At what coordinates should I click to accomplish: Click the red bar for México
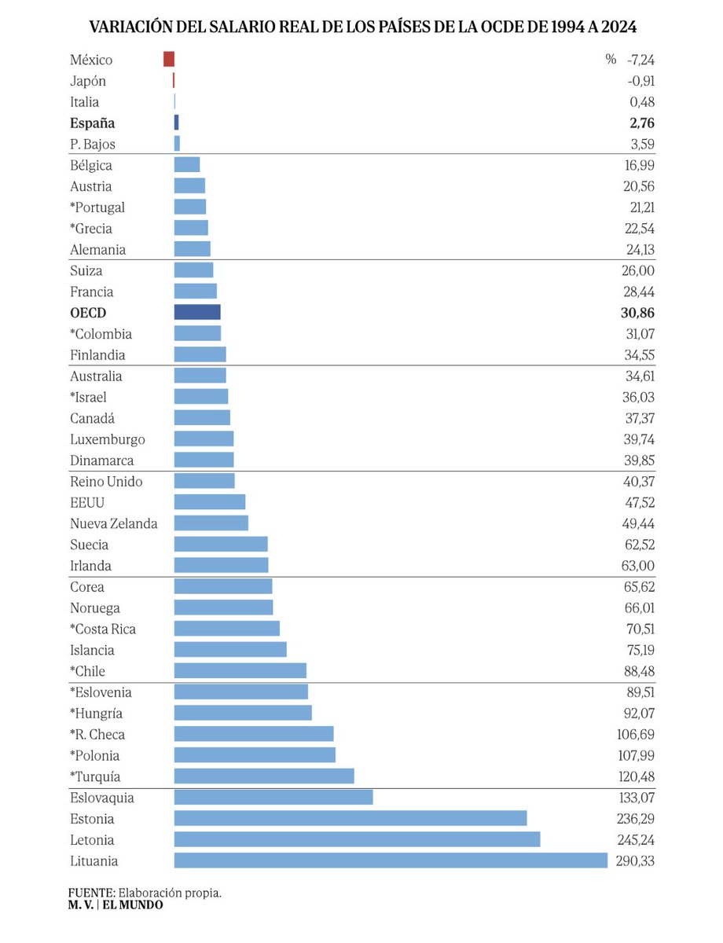[169, 60]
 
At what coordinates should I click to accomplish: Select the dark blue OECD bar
[197, 313]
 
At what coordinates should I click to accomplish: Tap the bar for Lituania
[391, 860]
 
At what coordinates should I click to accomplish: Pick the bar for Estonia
[350, 819]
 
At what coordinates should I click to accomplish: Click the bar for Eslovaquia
[273, 798]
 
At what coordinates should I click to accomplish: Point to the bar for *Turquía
[264, 776]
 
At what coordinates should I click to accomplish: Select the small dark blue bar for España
[177, 123]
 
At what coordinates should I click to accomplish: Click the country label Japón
[88, 81]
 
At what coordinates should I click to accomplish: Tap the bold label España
[93, 123]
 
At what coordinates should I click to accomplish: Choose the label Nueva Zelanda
[114, 523]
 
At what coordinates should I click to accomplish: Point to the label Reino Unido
[106, 482]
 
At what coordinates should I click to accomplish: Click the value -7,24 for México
[640, 60]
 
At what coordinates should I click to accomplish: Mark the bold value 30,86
[637, 313]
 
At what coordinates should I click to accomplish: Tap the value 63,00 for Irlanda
[637, 566]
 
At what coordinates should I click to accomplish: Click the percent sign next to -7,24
[611, 60]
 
